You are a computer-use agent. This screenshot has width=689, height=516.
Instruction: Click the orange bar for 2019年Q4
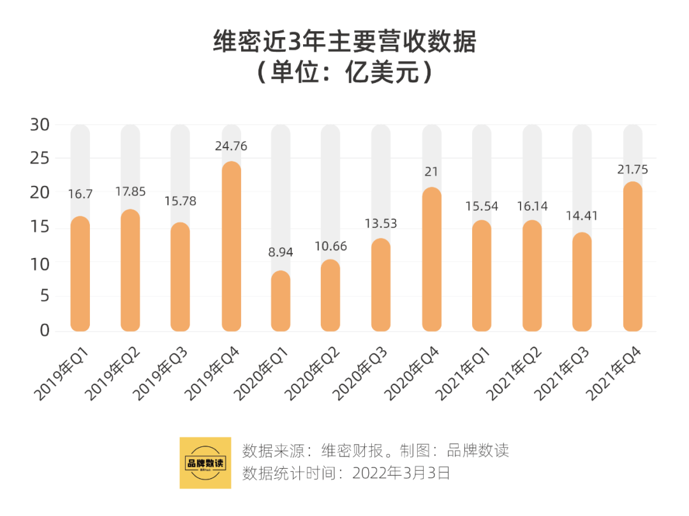pos(231,247)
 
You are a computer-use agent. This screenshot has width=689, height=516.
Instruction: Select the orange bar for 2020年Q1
pos(281,301)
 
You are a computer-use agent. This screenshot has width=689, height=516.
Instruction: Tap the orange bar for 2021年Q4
pos(632,257)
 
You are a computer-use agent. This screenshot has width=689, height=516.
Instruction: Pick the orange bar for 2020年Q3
pos(381,285)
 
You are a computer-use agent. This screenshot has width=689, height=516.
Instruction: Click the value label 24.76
pos(231,146)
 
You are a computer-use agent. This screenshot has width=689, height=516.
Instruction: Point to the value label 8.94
pos(281,252)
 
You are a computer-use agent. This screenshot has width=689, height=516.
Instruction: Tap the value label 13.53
pos(381,224)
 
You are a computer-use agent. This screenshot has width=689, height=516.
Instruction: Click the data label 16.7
pos(80,194)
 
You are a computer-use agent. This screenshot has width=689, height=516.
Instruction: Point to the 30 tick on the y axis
pos(40,125)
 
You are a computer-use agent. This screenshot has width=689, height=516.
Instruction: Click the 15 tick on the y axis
pos(40,228)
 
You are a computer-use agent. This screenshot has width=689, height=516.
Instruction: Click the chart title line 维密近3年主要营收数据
pos(344,43)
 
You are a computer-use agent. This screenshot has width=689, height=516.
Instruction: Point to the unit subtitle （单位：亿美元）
pos(344,73)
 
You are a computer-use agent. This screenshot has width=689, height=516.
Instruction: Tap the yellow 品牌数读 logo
pos(205,463)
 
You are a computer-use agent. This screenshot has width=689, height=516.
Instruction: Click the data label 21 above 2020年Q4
pos(431,172)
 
